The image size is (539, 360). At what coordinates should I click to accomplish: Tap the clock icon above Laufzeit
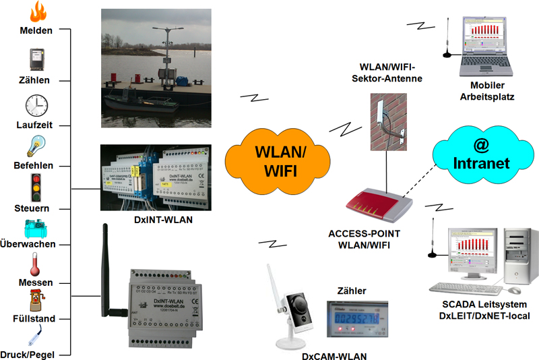(36, 106)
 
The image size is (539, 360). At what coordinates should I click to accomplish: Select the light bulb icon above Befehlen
(36, 146)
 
